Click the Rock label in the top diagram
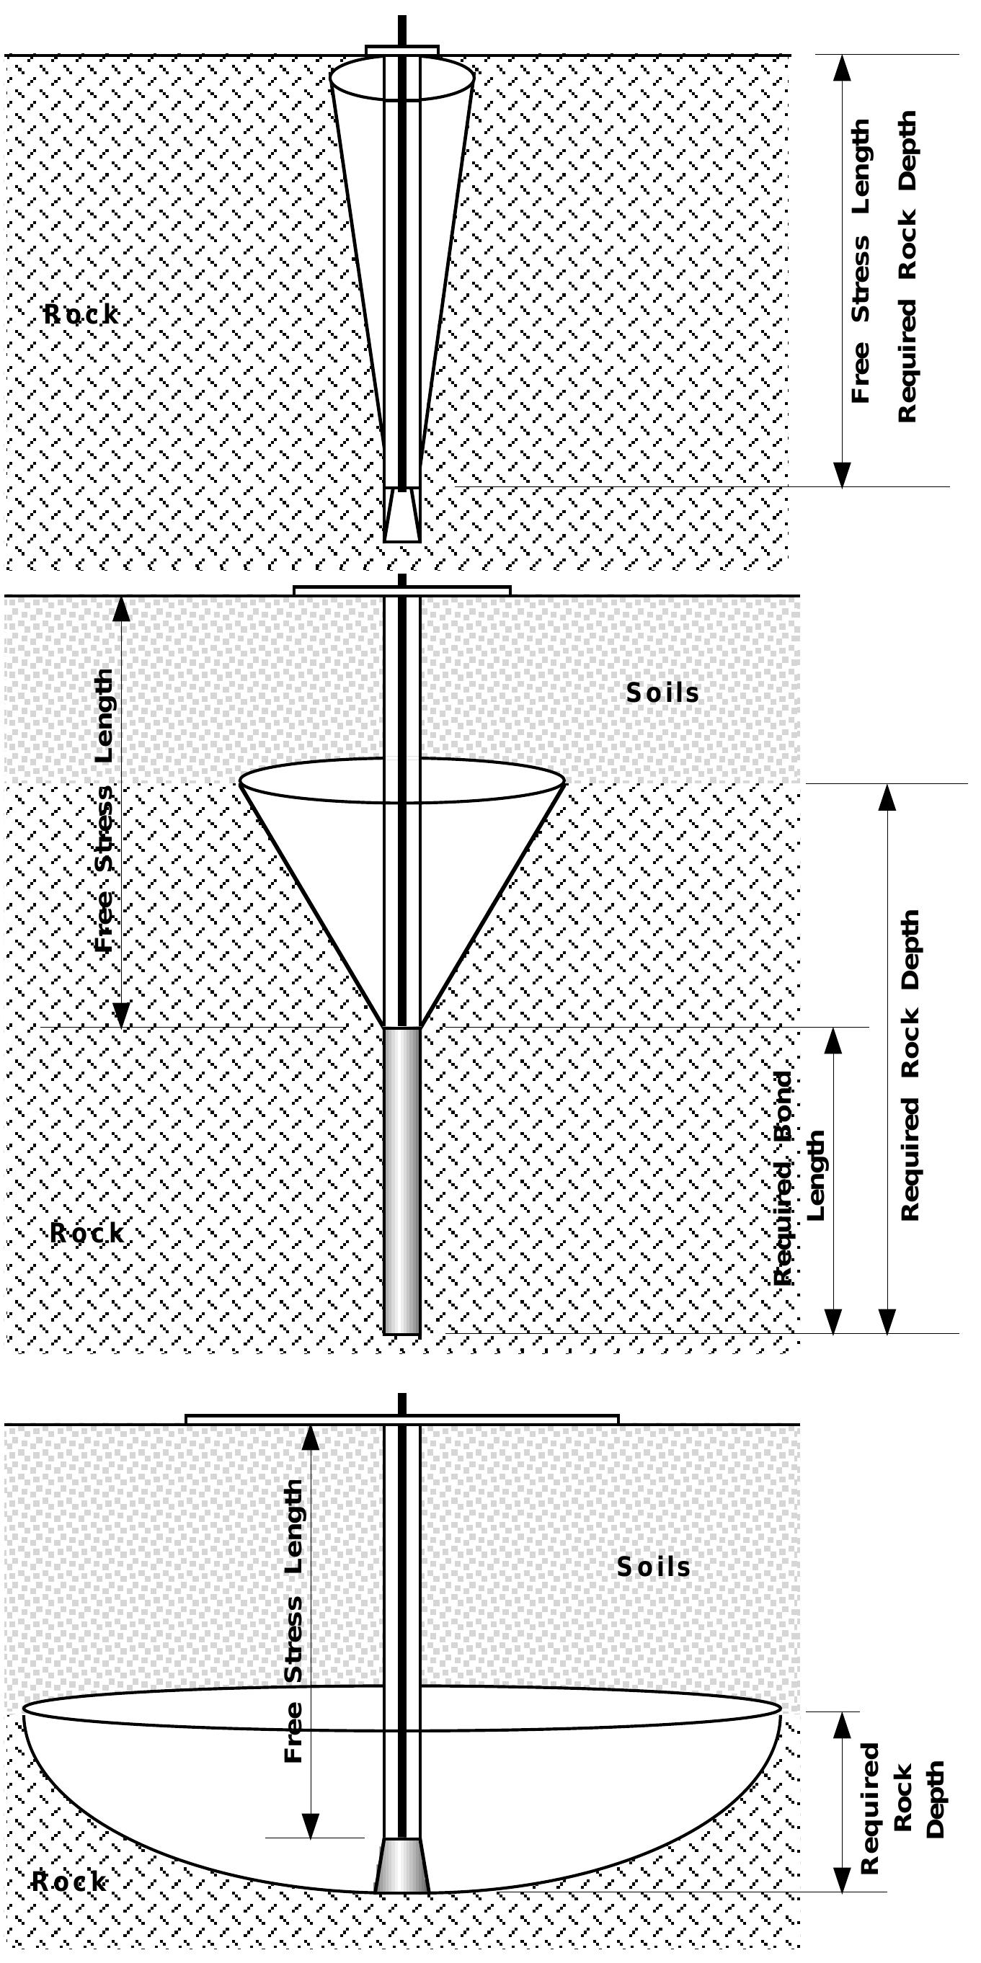(81, 314)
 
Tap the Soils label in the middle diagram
(662, 693)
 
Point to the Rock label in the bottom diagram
(68, 1882)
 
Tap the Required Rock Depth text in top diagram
(906, 267)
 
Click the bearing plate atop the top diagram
(401, 50)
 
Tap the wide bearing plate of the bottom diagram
(401, 1419)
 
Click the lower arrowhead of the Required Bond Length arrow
(833, 1321)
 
